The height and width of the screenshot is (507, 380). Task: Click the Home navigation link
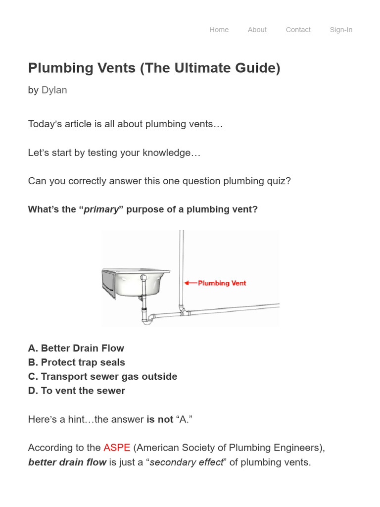(x=219, y=30)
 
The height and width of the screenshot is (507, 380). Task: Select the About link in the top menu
(x=257, y=30)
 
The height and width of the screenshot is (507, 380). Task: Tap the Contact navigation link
(x=298, y=30)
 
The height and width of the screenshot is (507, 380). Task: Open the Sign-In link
(x=341, y=30)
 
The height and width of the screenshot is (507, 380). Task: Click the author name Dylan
(x=54, y=90)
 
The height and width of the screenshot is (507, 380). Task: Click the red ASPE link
(x=117, y=448)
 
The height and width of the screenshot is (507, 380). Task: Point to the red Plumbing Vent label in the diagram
(x=222, y=283)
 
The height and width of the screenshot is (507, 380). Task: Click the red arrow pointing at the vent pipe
(x=190, y=283)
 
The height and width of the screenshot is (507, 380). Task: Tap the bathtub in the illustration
(x=135, y=282)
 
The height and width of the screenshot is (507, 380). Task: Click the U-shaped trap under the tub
(x=147, y=319)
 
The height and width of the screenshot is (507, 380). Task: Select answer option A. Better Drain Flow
(x=76, y=348)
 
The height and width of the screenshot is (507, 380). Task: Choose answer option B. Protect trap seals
(x=77, y=362)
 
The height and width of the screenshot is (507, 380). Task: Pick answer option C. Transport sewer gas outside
(x=102, y=376)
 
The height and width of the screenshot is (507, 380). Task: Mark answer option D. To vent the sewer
(x=77, y=391)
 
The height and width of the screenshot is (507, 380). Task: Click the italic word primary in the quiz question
(x=101, y=209)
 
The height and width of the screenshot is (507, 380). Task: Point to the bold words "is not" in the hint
(x=160, y=419)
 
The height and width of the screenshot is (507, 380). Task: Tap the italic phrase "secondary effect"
(x=187, y=462)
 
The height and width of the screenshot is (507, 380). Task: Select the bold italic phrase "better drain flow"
(x=67, y=462)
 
